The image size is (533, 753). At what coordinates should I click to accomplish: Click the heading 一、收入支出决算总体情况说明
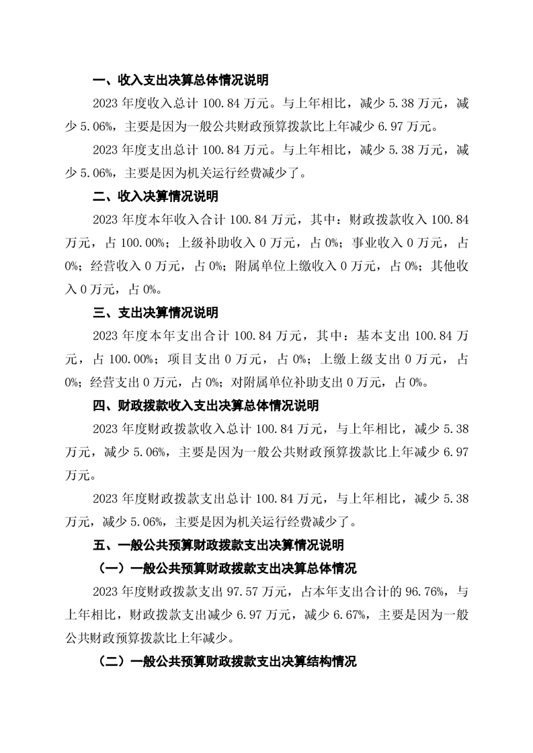click(180, 81)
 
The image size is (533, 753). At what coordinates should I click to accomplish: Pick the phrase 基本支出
click(383, 336)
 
